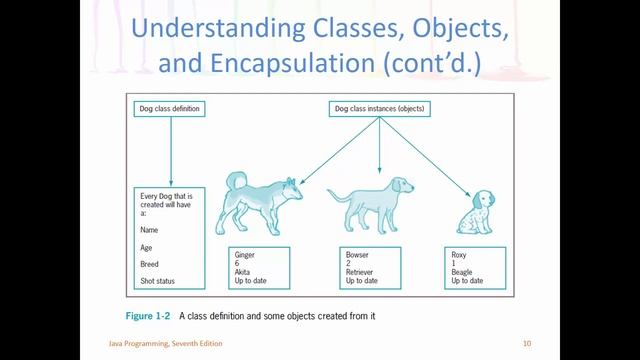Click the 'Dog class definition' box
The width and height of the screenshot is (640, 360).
click(168, 108)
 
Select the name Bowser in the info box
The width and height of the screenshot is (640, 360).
click(358, 255)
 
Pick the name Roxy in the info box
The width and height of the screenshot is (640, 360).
click(460, 255)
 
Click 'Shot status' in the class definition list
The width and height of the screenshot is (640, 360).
click(160, 280)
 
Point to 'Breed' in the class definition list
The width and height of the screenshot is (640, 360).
click(150, 263)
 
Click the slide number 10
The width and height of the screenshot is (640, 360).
click(526, 344)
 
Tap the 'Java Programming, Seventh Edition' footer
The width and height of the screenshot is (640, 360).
click(165, 344)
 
